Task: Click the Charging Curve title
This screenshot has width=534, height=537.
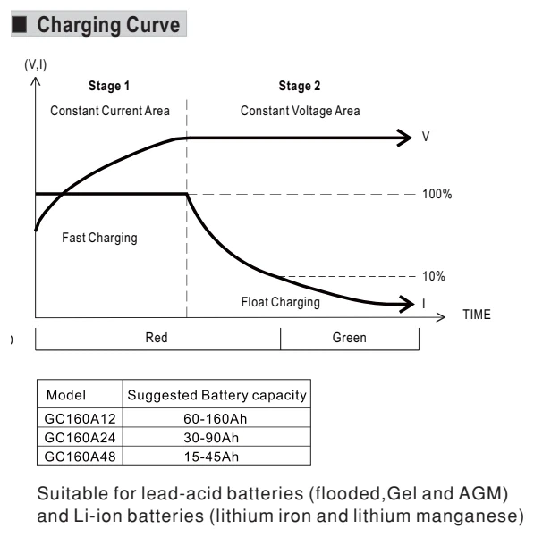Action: click(x=108, y=25)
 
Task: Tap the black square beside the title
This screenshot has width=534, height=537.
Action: click(x=19, y=24)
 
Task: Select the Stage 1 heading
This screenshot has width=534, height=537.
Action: click(x=109, y=86)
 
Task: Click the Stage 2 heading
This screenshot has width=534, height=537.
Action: click(x=300, y=86)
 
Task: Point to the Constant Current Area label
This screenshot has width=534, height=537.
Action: click(x=110, y=111)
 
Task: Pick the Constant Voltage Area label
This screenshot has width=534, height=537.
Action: click(x=301, y=111)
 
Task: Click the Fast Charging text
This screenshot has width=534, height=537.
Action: click(x=99, y=238)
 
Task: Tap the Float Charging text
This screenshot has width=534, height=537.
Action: click(x=280, y=302)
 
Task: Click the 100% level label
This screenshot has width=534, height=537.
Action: click(x=437, y=194)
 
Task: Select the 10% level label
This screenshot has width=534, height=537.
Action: click(x=434, y=276)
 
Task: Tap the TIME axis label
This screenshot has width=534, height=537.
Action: click(x=477, y=315)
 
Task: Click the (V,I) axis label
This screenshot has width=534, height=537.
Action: click(x=35, y=64)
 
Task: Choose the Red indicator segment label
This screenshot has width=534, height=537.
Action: click(x=157, y=338)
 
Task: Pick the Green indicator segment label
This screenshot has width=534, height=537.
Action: click(x=349, y=338)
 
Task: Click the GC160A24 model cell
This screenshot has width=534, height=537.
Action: click(x=80, y=438)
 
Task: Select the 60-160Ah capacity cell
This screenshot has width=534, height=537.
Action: click(x=216, y=418)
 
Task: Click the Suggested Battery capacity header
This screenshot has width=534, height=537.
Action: click(x=217, y=395)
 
